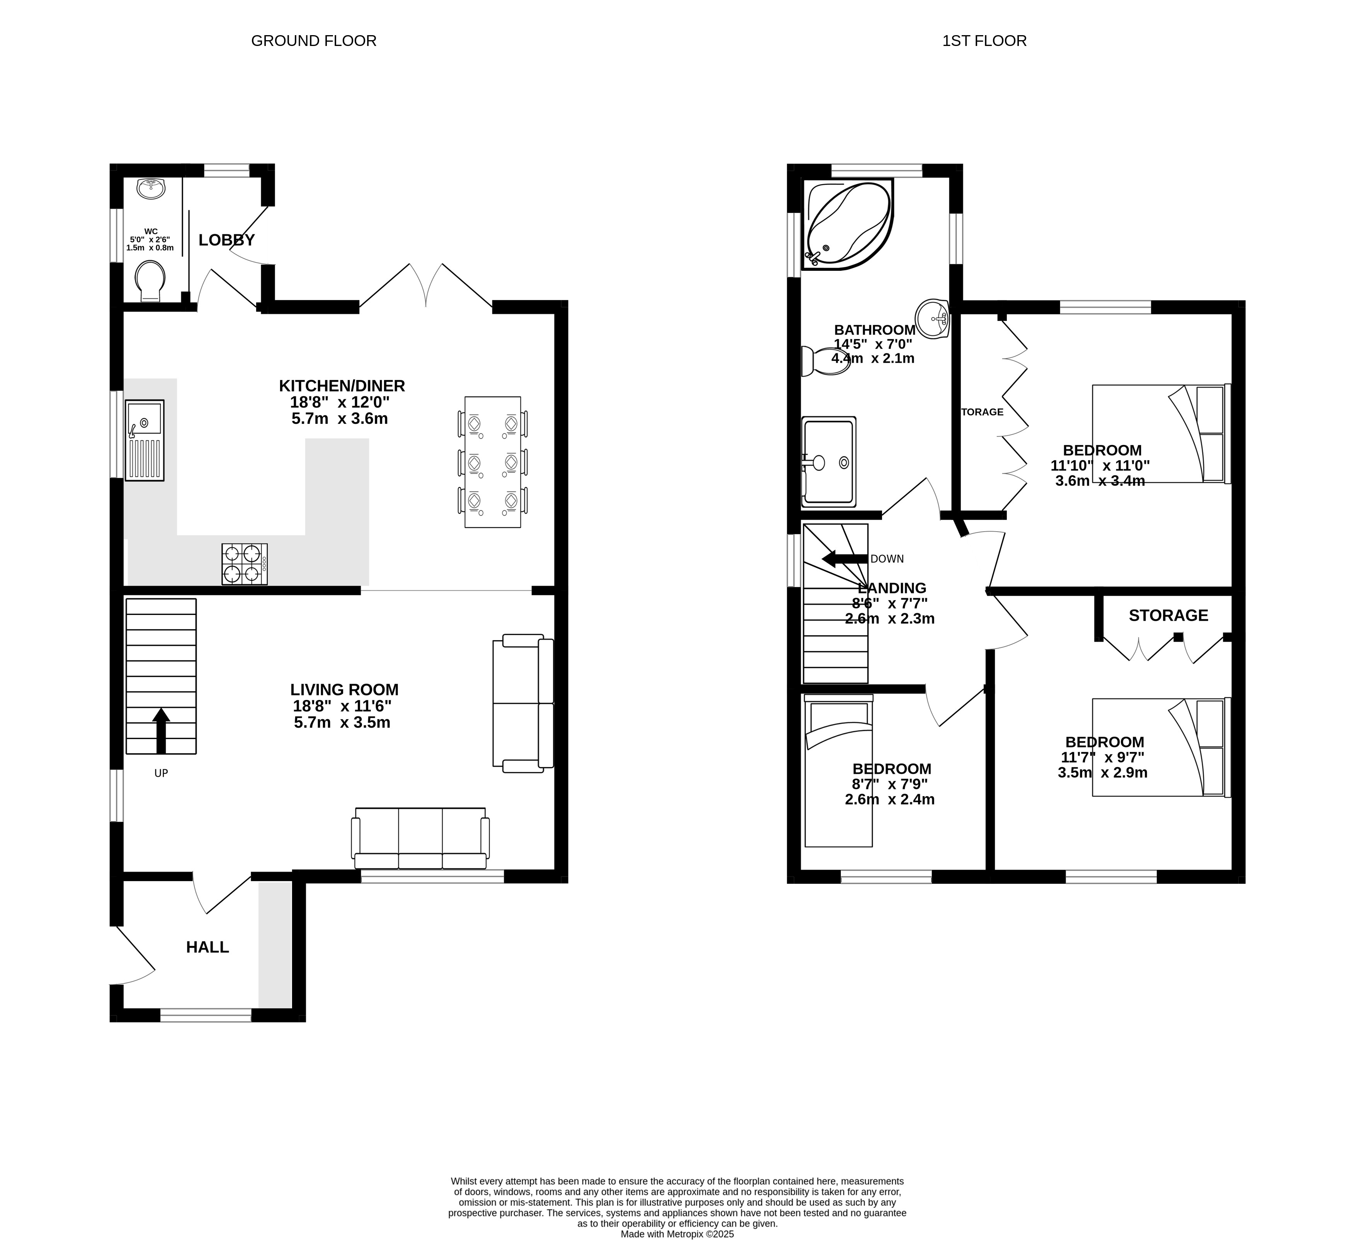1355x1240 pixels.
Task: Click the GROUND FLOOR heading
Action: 314,41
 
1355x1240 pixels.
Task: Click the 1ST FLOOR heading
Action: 984,41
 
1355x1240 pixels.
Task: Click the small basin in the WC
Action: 152,188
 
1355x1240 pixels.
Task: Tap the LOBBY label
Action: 226,240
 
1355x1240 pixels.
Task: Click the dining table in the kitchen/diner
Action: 493,462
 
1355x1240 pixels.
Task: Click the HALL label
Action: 208,947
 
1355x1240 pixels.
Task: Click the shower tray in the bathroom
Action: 829,462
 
